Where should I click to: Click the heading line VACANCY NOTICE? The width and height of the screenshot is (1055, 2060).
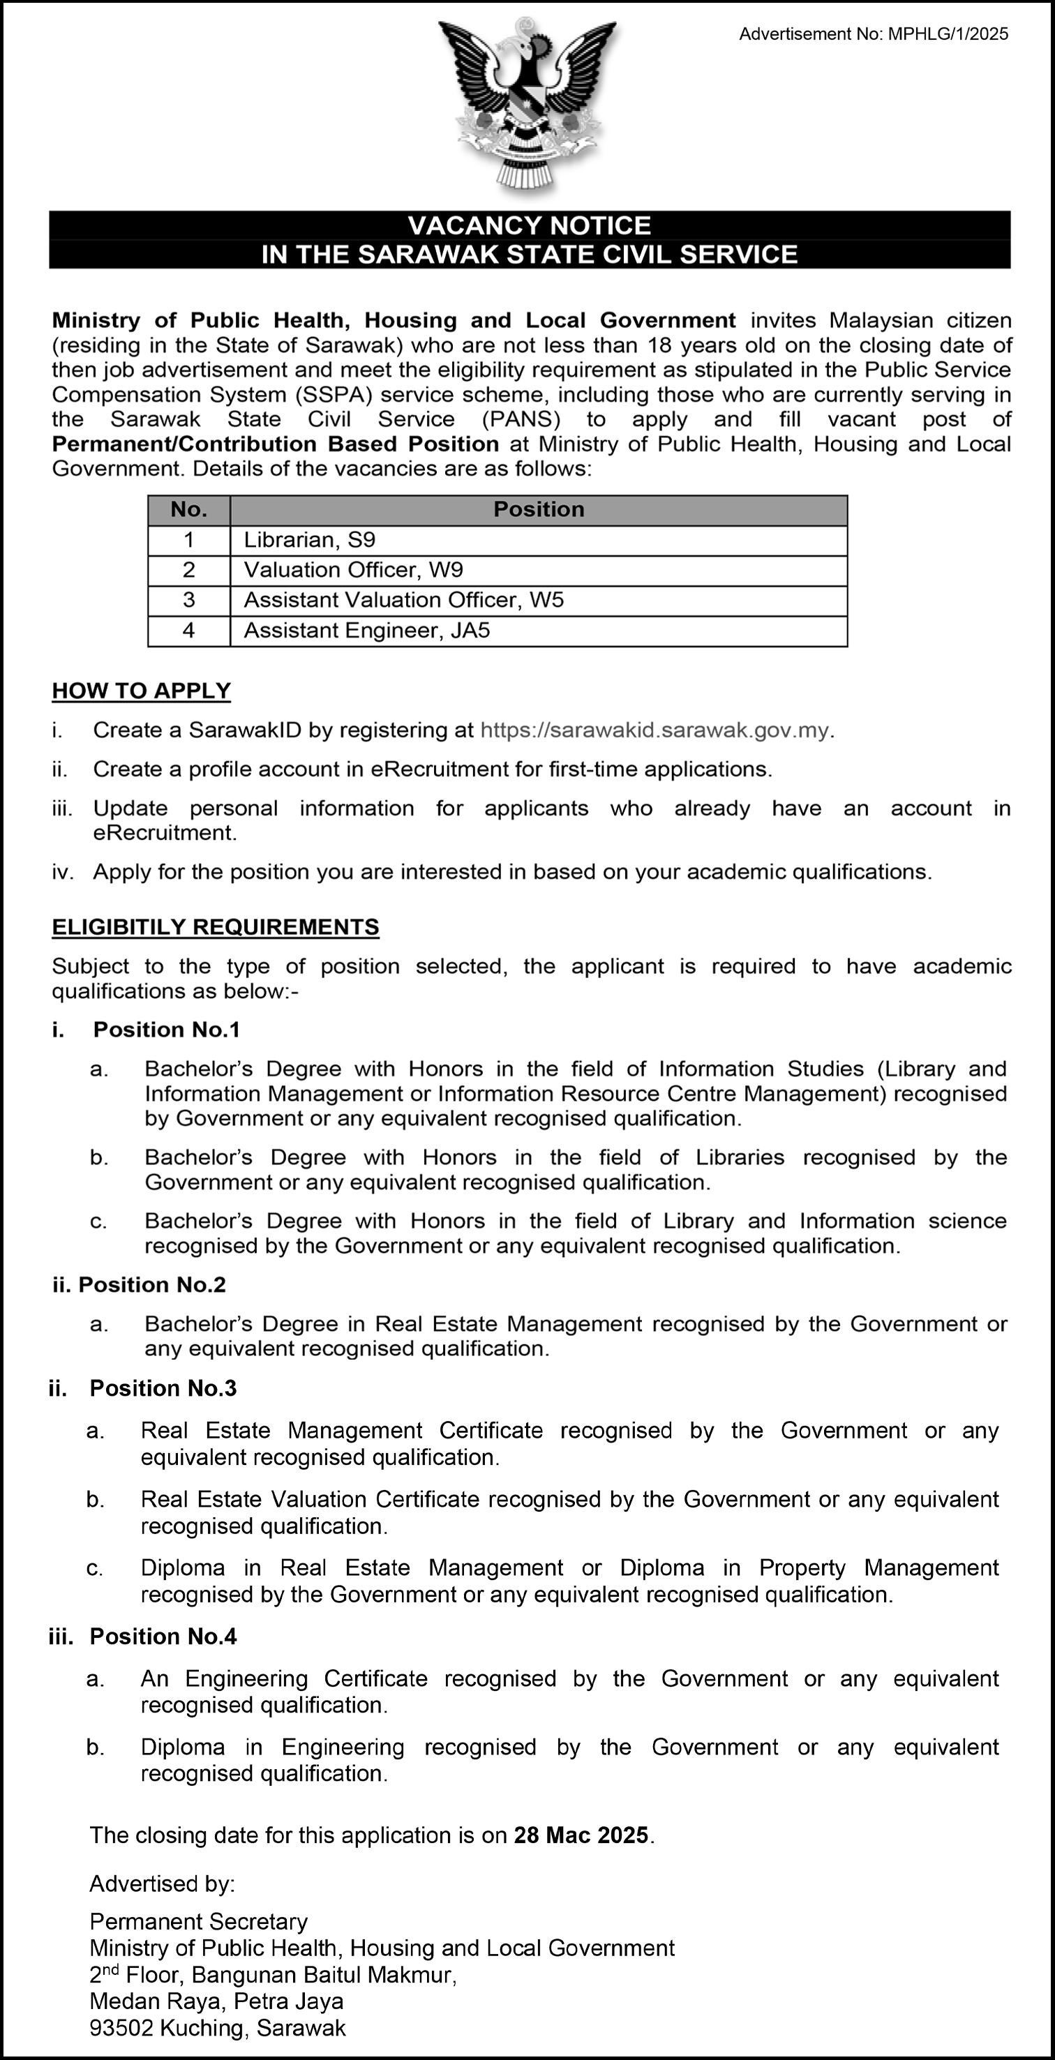point(529,225)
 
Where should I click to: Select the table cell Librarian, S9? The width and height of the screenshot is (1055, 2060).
point(310,540)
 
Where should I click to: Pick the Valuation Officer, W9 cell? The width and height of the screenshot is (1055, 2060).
point(354,570)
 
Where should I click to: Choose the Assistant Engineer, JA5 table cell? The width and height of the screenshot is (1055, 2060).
point(366,631)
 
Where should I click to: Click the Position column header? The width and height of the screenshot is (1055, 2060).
point(538,509)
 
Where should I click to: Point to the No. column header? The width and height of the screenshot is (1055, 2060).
point(189,509)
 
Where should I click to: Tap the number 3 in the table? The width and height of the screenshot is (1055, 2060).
point(189,601)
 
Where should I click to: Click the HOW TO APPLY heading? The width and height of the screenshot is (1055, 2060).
point(141,691)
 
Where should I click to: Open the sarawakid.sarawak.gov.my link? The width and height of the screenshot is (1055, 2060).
point(654,730)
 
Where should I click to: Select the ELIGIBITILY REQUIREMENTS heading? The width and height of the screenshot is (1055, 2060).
point(215,927)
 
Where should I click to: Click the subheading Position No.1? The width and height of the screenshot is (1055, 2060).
point(166,1030)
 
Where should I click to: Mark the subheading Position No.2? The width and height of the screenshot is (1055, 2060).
point(152,1285)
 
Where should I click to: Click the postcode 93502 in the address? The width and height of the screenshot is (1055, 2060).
point(121,2028)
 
